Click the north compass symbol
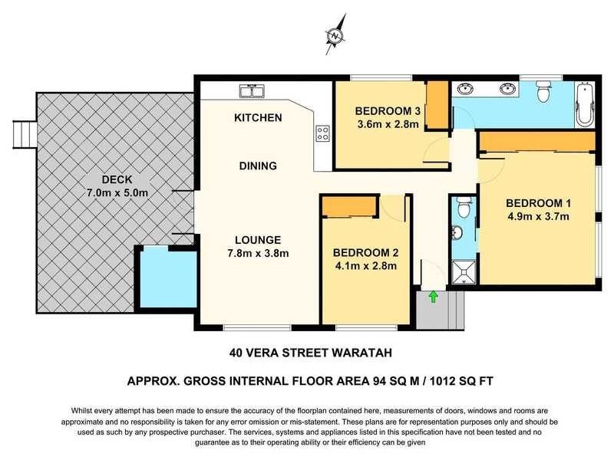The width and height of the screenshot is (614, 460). pos(335,36)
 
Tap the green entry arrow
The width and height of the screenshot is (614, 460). pos(433,295)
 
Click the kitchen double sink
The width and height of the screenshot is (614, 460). pos(253,91)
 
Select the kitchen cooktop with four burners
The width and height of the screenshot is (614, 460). pos(323,135)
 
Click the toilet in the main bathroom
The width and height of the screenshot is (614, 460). pos(544,92)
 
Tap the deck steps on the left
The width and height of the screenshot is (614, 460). pos(25,133)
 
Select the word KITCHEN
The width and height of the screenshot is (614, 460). pos(258,118)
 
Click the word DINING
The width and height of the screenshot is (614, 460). pos(257,166)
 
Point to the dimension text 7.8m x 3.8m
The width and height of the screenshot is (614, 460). pos(257,254)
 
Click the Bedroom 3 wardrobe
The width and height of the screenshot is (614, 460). pos(436,107)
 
